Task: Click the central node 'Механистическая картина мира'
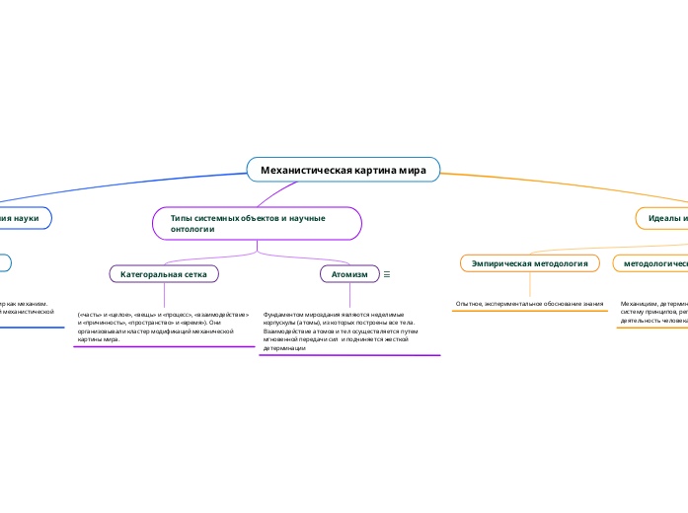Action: coord(343,170)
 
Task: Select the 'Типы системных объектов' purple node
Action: coord(256,223)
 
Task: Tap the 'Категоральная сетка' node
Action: coord(164,272)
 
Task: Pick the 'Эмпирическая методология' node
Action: coord(530,263)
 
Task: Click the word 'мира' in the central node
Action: coord(414,170)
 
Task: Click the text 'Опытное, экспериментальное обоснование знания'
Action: coord(529,303)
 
